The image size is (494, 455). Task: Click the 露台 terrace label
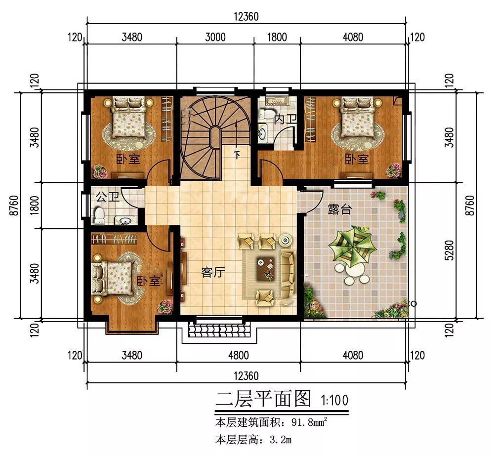pyautogui.click(x=340, y=209)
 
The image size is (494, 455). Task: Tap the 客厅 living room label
pyautogui.click(x=213, y=272)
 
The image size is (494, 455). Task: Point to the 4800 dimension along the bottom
pyautogui.click(x=238, y=355)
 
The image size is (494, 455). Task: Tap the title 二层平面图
pyautogui.click(x=263, y=398)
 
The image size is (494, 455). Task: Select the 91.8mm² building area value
pyautogui.click(x=308, y=423)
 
